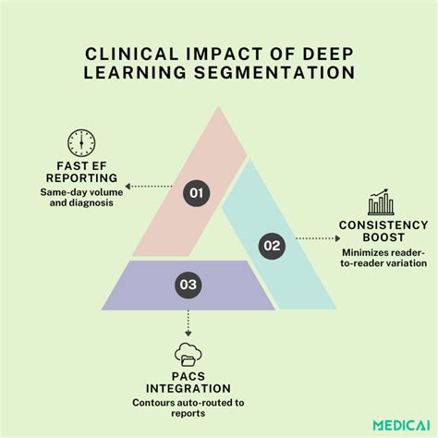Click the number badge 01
click(x=194, y=192)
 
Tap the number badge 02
click(x=270, y=245)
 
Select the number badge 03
click(x=189, y=285)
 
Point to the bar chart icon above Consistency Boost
click(x=378, y=203)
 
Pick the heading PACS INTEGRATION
click(x=188, y=382)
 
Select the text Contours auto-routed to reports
click(x=188, y=408)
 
